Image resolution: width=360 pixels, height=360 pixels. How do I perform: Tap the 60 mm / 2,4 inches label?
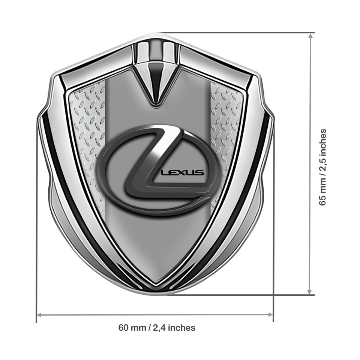157,328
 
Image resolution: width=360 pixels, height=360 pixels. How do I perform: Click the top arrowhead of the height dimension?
310,36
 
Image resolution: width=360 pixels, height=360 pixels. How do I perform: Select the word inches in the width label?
182,328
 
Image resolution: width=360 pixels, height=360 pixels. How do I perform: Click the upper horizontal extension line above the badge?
232,33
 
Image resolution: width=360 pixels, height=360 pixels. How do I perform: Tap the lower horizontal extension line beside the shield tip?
240,295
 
